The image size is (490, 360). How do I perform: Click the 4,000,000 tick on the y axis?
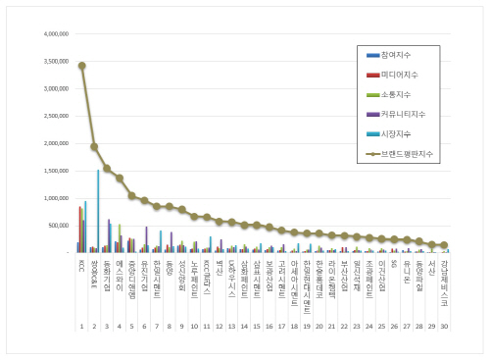50,32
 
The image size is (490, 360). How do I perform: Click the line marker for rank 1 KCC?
81,66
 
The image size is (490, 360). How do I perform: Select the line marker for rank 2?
94,146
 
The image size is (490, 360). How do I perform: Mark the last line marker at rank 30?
444,245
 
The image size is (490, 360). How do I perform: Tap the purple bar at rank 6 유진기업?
146,239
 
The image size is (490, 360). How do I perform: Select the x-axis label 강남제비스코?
444,279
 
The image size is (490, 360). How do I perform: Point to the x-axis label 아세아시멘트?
294,277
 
